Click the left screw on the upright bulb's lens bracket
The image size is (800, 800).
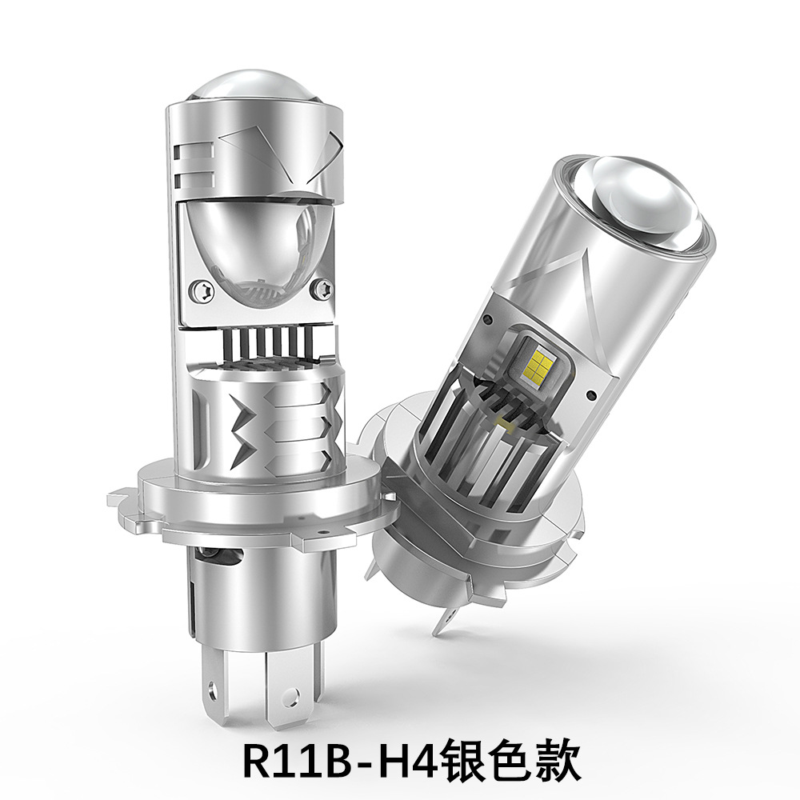(202, 290)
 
